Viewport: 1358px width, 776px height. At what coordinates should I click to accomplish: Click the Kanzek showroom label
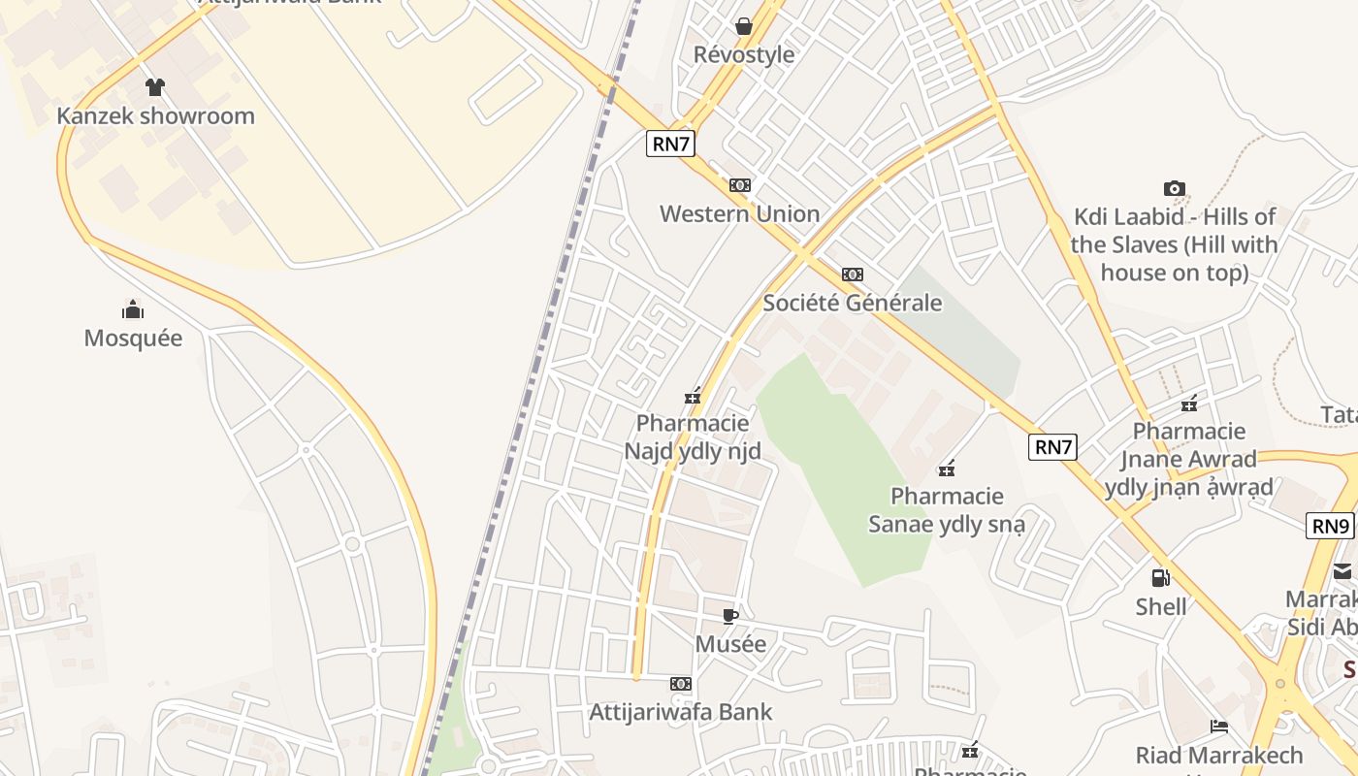pyautogui.click(x=155, y=115)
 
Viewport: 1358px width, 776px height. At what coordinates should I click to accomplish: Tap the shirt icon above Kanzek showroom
pyautogui.click(x=154, y=87)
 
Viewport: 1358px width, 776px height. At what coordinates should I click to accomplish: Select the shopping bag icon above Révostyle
pyautogui.click(x=744, y=26)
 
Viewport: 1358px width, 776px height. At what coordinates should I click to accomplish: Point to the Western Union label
pyautogui.click(x=739, y=213)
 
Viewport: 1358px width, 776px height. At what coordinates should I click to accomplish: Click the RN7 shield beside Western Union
pyautogui.click(x=671, y=145)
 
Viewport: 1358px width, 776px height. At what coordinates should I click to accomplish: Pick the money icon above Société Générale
pyautogui.click(x=853, y=275)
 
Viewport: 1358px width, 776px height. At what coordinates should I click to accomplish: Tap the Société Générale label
pyautogui.click(x=853, y=303)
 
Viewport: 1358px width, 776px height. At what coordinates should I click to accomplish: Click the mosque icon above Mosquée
pyautogui.click(x=133, y=309)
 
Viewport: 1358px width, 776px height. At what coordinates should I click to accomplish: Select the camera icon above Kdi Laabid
pyautogui.click(x=1175, y=189)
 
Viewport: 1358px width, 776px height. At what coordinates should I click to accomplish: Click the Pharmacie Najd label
pyautogui.click(x=693, y=437)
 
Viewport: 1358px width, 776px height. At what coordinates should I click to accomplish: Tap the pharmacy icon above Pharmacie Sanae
pyautogui.click(x=947, y=469)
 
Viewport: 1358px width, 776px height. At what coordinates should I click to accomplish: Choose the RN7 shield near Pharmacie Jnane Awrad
pyautogui.click(x=1053, y=447)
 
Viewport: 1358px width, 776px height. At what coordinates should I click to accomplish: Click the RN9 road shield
pyautogui.click(x=1330, y=527)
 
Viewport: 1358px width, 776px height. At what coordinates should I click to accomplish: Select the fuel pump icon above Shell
pyautogui.click(x=1160, y=578)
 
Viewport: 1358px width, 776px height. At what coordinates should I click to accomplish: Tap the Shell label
pyautogui.click(x=1161, y=606)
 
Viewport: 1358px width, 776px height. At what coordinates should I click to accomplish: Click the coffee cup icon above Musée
pyautogui.click(x=730, y=616)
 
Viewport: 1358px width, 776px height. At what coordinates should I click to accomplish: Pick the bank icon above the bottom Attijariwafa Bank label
pyautogui.click(x=681, y=684)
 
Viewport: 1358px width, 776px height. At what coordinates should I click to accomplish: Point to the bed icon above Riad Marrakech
pyautogui.click(x=1219, y=727)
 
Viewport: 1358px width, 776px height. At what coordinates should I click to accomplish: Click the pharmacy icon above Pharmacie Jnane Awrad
pyautogui.click(x=1189, y=404)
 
